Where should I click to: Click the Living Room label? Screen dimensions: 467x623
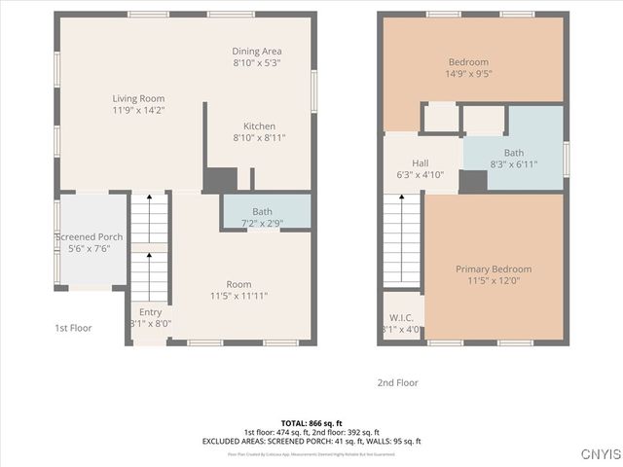pyautogui.click(x=137, y=98)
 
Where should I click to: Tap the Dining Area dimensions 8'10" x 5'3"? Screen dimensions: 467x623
pyautogui.click(x=257, y=62)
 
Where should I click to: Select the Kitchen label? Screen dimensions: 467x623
pyautogui.click(x=259, y=126)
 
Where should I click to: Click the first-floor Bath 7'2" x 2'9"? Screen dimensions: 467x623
pyautogui.click(x=262, y=211)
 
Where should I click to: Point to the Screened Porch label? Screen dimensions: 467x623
pyautogui.click(x=89, y=236)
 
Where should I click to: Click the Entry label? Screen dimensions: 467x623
pyautogui.click(x=150, y=312)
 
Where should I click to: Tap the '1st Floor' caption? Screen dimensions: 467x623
pyautogui.click(x=73, y=328)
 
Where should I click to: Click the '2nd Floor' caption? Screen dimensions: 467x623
pyautogui.click(x=397, y=382)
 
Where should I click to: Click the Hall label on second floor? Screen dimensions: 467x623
pyautogui.click(x=420, y=163)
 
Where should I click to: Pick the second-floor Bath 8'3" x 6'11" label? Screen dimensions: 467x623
pyautogui.click(x=513, y=153)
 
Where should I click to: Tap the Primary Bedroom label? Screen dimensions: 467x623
pyautogui.click(x=494, y=269)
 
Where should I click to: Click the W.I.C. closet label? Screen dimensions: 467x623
pyautogui.click(x=400, y=317)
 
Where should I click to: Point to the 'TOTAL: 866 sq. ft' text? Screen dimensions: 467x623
pyautogui.click(x=311, y=423)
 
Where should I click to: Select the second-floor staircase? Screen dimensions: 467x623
pyautogui.click(x=401, y=238)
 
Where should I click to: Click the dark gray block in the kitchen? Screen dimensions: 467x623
pyautogui.click(x=220, y=180)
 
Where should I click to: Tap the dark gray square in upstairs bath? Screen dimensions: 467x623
pyautogui.click(x=473, y=182)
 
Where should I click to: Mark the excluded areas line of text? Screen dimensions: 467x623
pyautogui.click(x=311, y=441)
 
